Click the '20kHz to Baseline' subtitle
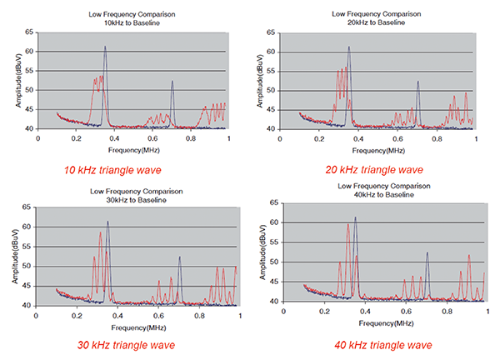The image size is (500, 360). pyautogui.click(x=364, y=20)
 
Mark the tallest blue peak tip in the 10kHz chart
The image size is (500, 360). pyautogui.click(x=105, y=47)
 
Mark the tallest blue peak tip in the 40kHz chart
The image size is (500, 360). pyautogui.click(x=355, y=217)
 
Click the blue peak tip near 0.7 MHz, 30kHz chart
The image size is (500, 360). pyautogui.click(x=179, y=257)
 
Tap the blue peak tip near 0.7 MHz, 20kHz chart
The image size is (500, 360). pyautogui.click(x=418, y=82)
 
